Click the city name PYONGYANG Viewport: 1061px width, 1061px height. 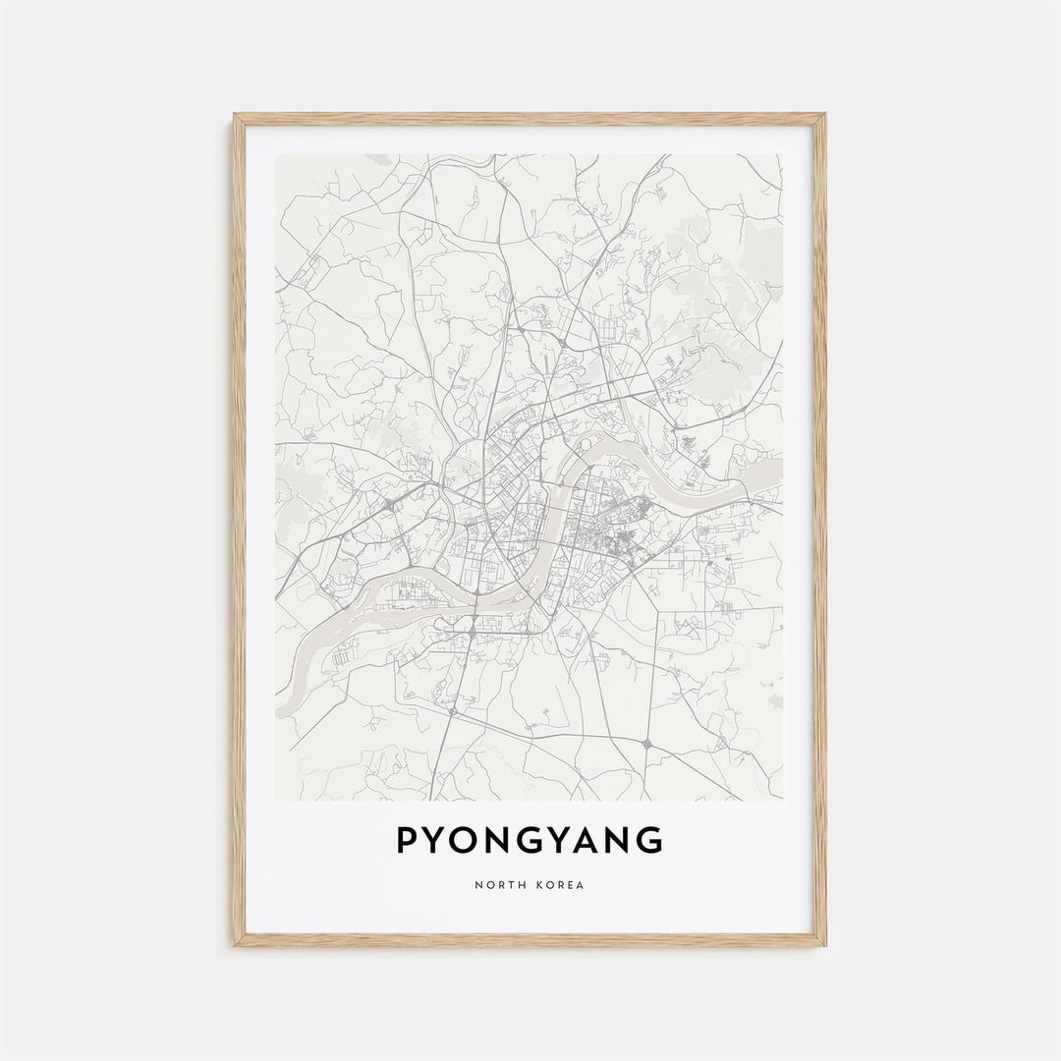click(530, 841)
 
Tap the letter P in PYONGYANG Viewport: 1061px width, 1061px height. click(406, 841)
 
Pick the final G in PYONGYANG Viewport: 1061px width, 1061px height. click(649, 841)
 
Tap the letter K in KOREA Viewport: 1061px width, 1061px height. click(539, 885)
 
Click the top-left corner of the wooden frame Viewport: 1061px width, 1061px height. click(235, 115)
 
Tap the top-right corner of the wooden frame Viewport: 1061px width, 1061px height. click(824, 115)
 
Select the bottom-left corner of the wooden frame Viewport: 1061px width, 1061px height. click(235, 945)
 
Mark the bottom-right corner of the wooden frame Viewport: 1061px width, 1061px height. click(824, 945)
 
